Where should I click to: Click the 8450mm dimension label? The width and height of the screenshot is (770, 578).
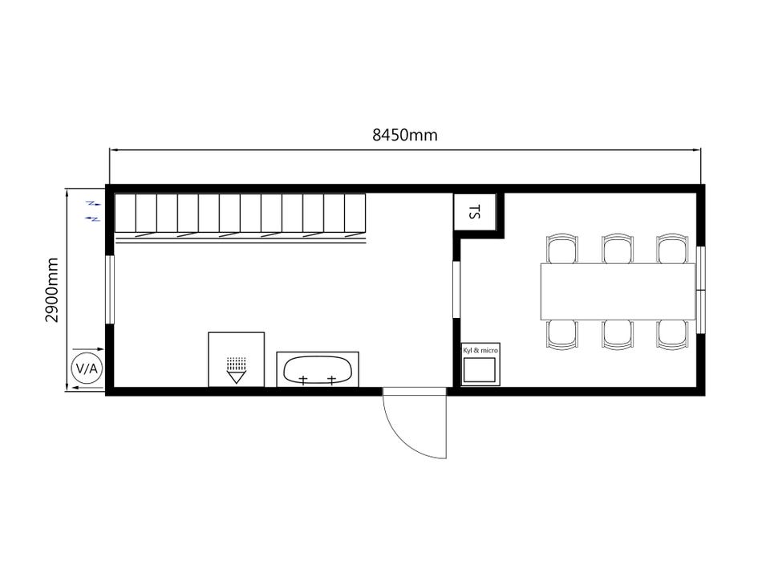(404, 135)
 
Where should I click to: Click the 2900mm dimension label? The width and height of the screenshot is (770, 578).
(52, 290)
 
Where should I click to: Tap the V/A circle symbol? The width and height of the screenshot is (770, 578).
(87, 368)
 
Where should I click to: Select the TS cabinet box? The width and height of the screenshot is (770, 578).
(474, 212)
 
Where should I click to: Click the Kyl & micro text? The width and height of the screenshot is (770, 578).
(480, 351)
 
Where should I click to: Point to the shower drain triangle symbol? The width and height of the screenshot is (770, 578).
(236, 377)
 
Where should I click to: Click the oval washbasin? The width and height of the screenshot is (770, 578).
(318, 369)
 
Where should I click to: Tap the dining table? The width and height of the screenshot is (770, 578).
(618, 292)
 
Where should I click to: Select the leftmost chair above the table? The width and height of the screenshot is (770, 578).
(561, 249)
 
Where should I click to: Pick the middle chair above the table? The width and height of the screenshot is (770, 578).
(618, 249)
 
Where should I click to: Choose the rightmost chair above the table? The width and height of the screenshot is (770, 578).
(673, 249)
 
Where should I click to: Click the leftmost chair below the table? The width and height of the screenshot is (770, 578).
(561, 335)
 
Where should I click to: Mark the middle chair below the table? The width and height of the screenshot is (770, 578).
(618, 335)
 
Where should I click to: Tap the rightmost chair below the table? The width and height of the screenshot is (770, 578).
(673, 335)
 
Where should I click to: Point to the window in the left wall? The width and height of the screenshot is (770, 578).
(110, 290)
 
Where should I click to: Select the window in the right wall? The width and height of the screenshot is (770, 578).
(701, 290)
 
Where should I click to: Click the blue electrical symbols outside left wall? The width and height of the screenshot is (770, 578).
(93, 211)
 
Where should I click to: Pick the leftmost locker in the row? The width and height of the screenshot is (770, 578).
(125, 213)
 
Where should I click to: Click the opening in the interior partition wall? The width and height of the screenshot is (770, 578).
(456, 290)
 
